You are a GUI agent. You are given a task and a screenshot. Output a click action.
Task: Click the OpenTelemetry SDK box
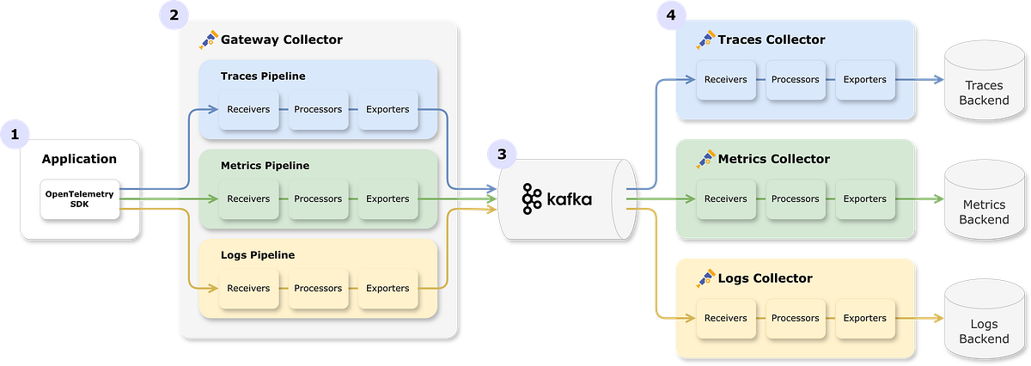tap(80, 199)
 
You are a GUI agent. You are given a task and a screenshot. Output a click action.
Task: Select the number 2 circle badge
tap(174, 15)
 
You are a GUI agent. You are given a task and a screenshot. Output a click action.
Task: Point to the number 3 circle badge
tap(501, 156)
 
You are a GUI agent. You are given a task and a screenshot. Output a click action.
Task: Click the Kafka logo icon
tap(532, 199)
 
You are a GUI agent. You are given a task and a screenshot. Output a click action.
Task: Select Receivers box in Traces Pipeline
tap(248, 110)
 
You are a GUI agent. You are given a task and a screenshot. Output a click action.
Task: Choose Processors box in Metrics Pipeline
tap(318, 199)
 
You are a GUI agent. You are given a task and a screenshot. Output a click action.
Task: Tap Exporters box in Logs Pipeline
tap(387, 289)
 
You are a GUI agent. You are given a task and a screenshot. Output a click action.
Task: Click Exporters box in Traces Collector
tap(864, 80)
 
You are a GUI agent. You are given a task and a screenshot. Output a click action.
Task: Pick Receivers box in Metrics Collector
tap(725, 199)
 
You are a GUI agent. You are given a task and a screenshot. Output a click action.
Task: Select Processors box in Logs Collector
tap(795, 318)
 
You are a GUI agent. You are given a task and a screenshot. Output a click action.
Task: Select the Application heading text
tap(79, 159)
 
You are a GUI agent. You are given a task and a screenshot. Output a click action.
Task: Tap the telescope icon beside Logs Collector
tap(705, 278)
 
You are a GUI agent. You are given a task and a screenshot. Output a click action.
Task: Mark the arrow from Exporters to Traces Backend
tap(919, 80)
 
